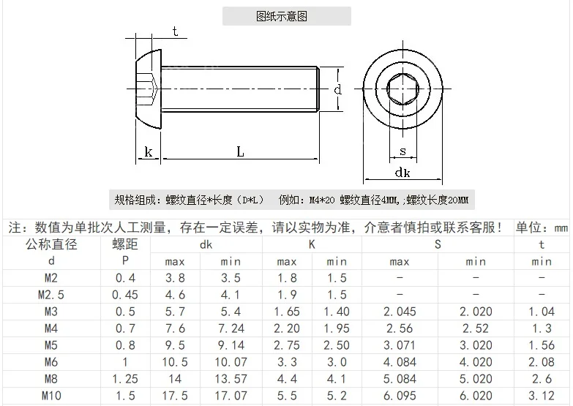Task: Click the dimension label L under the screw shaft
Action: click(x=240, y=151)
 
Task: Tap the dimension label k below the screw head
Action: click(x=149, y=152)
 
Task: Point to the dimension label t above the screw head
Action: click(x=175, y=31)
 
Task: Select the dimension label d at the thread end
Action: click(x=337, y=90)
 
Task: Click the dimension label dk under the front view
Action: click(x=402, y=173)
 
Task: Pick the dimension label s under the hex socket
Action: click(x=402, y=151)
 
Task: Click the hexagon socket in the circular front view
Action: click(x=401, y=91)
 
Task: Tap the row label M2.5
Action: click(x=51, y=295)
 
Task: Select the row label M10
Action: click(x=51, y=396)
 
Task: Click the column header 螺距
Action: click(x=124, y=244)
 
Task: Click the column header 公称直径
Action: click(x=51, y=244)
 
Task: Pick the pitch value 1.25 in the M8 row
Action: click(x=124, y=379)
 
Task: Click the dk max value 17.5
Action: click(x=174, y=396)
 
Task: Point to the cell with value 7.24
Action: click(x=231, y=328)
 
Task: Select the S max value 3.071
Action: click(x=399, y=345)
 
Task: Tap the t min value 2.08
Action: click(x=542, y=362)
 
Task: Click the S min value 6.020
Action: click(x=476, y=396)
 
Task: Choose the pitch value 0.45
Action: click(x=124, y=295)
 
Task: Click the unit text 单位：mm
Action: click(x=542, y=228)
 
